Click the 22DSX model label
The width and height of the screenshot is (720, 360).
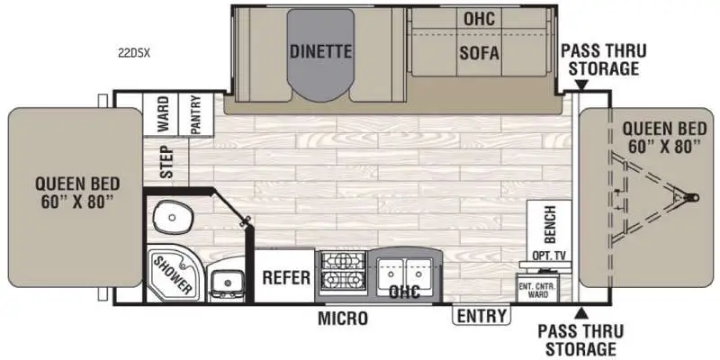[x=134, y=53]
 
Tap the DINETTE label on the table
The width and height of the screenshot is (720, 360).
[x=321, y=51]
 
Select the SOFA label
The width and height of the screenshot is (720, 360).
[x=479, y=53]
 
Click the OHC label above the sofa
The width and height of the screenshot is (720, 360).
[x=480, y=19]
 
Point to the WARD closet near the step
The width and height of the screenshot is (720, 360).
[x=161, y=114]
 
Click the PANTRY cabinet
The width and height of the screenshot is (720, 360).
[x=196, y=114]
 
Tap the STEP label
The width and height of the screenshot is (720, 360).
[x=167, y=162]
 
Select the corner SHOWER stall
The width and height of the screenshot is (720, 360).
[x=173, y=274]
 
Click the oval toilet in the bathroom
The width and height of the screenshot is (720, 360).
[x=172, y=216]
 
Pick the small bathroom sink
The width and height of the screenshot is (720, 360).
[x=228, y=281]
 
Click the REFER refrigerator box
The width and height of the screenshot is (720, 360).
[x=285, y=276]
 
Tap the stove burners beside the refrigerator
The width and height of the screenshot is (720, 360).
[x=343, y=269]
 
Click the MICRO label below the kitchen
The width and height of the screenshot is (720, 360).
[x=343, y=318]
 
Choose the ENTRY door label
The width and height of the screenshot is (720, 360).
[x=481, y=316]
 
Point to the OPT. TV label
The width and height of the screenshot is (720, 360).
[x=548, y=256]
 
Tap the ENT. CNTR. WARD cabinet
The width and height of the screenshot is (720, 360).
[x=537, y=288]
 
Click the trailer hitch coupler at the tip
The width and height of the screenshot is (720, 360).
[x=691, y=197]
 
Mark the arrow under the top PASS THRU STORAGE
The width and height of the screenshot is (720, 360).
[x=581, y=85]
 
